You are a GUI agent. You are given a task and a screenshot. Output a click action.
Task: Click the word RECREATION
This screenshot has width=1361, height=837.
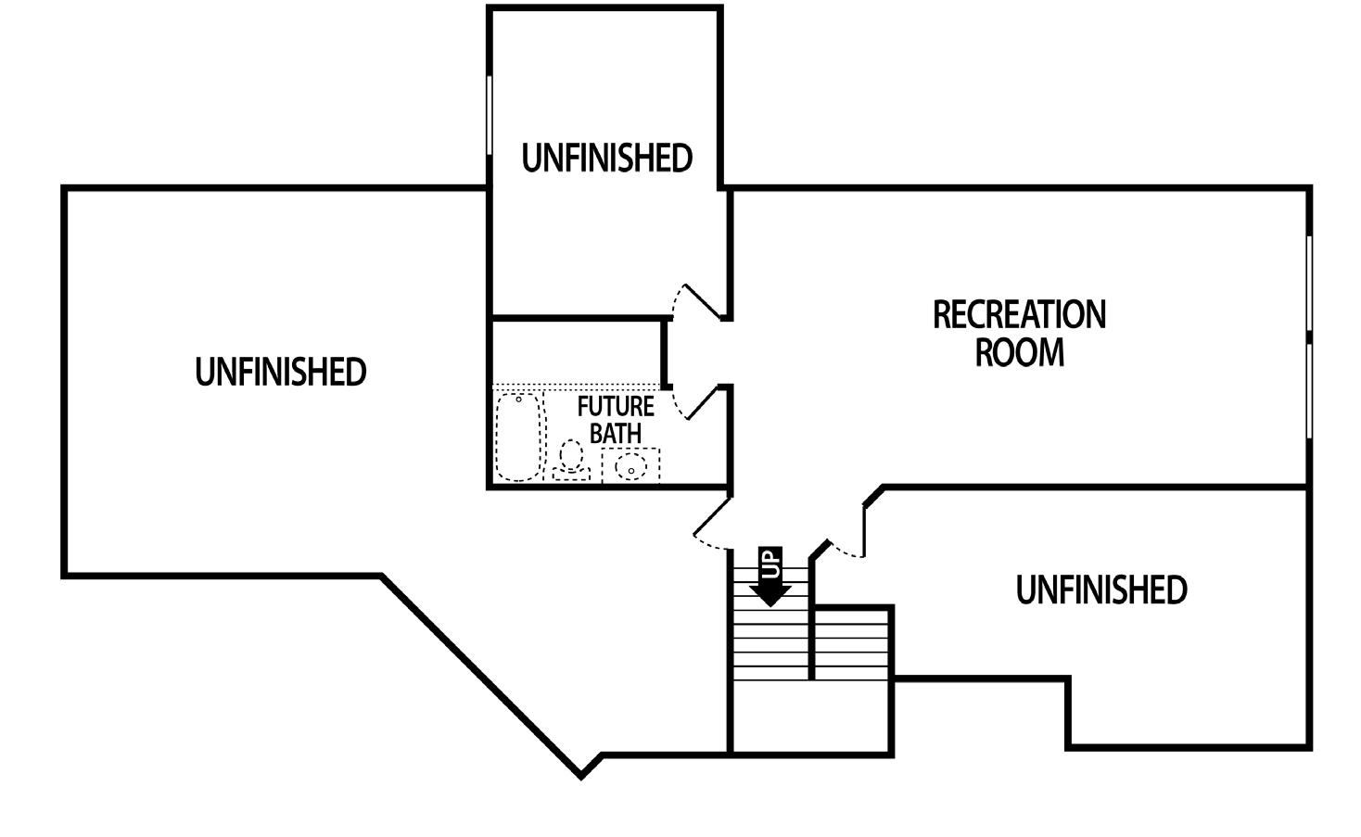[1019, 315]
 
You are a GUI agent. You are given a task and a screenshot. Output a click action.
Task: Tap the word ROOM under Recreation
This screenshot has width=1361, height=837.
[1019, 353]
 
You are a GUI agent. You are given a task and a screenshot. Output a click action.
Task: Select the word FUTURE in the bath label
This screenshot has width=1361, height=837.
[616, 407]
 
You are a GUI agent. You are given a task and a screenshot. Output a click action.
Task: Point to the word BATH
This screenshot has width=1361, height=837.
[616, 433]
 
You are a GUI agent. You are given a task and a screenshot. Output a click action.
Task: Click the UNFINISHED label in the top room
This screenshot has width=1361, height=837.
[607, 159]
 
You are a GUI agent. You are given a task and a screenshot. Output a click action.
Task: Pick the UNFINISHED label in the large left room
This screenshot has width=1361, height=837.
[281, 372]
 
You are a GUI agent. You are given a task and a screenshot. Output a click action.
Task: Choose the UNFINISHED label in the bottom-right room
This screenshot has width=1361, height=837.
[1101, 590]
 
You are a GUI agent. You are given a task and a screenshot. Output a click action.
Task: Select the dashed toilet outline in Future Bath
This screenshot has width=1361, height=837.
[571, 460]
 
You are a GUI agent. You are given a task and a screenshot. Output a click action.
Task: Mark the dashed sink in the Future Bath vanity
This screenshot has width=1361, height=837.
[631, 465]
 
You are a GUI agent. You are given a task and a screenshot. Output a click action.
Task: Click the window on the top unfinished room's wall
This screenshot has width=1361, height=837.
[489, 115]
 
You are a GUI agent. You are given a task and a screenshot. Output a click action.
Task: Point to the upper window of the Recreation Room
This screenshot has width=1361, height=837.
[1309, 283]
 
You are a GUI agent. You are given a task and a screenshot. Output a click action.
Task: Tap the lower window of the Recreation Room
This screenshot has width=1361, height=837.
[1309, 390]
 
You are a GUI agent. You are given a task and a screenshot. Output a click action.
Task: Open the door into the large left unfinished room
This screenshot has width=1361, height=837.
[712, 523]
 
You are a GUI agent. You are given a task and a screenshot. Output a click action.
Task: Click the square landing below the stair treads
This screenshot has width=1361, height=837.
[810, 717]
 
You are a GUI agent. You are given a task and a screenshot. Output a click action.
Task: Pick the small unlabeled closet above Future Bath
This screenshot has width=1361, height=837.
[575, 351]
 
